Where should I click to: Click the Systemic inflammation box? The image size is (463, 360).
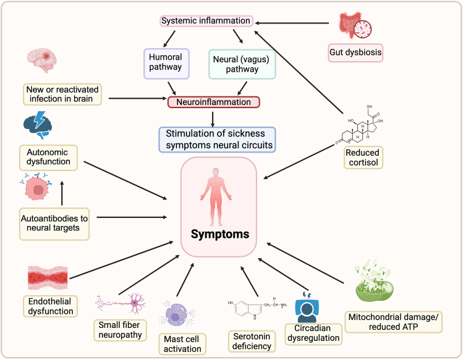pos(206,21)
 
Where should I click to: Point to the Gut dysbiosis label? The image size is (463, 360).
pos(355,52)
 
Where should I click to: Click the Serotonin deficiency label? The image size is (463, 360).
pos(252,340)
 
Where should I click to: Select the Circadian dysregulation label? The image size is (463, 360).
pos(313,334)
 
